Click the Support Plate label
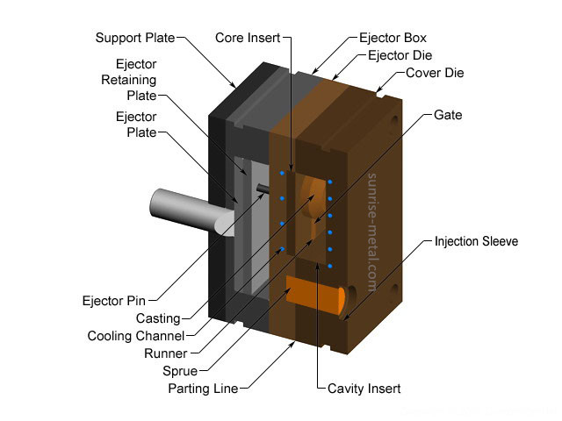pos(135,38)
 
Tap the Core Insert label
pos(248,38)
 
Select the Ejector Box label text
pos(393,38)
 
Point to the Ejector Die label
pos(400,55)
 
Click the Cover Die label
pos(435,73)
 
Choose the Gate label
pos(448,115)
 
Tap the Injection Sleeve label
pos(476,241)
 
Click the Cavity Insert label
pos(364,389)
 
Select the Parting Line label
pos(203,389)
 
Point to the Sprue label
pos(180,371)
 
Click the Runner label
pos(166,353)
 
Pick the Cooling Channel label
pos(136,336)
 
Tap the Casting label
pos(158,318)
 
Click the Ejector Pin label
pos(114,301)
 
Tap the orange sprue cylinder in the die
pos(315,295)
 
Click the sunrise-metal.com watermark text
pos(372,232)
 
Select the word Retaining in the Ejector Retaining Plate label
pos(129,80)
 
